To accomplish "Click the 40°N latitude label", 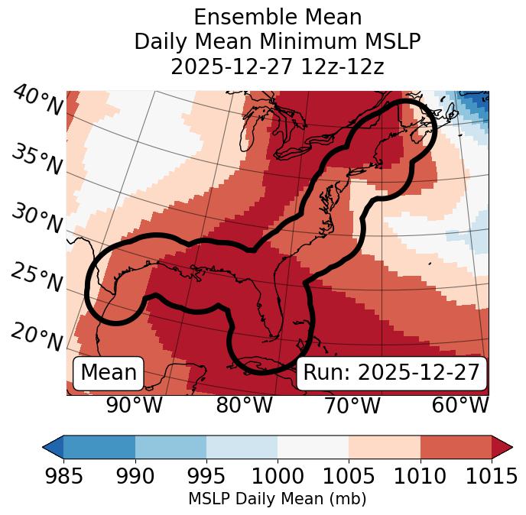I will coord(37,101).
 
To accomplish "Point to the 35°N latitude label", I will coord(37,160).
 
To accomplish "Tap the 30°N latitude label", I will coord(37,219).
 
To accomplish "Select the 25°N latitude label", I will coord(37,278).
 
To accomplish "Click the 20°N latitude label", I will coord(37,335).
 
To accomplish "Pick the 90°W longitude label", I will coord(134,406).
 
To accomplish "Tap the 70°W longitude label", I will coord(352,406).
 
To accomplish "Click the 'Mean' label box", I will coord(109,373).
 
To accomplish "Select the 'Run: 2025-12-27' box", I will coord(391,373).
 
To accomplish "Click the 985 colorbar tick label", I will coord(63,477).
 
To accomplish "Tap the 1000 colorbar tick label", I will coord(278,477).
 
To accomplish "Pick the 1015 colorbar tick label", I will coord(492,477).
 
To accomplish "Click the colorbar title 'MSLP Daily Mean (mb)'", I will coord(277,500).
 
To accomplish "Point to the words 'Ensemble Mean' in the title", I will coord(278,17).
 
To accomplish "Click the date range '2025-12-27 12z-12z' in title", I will coord(278,66).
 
